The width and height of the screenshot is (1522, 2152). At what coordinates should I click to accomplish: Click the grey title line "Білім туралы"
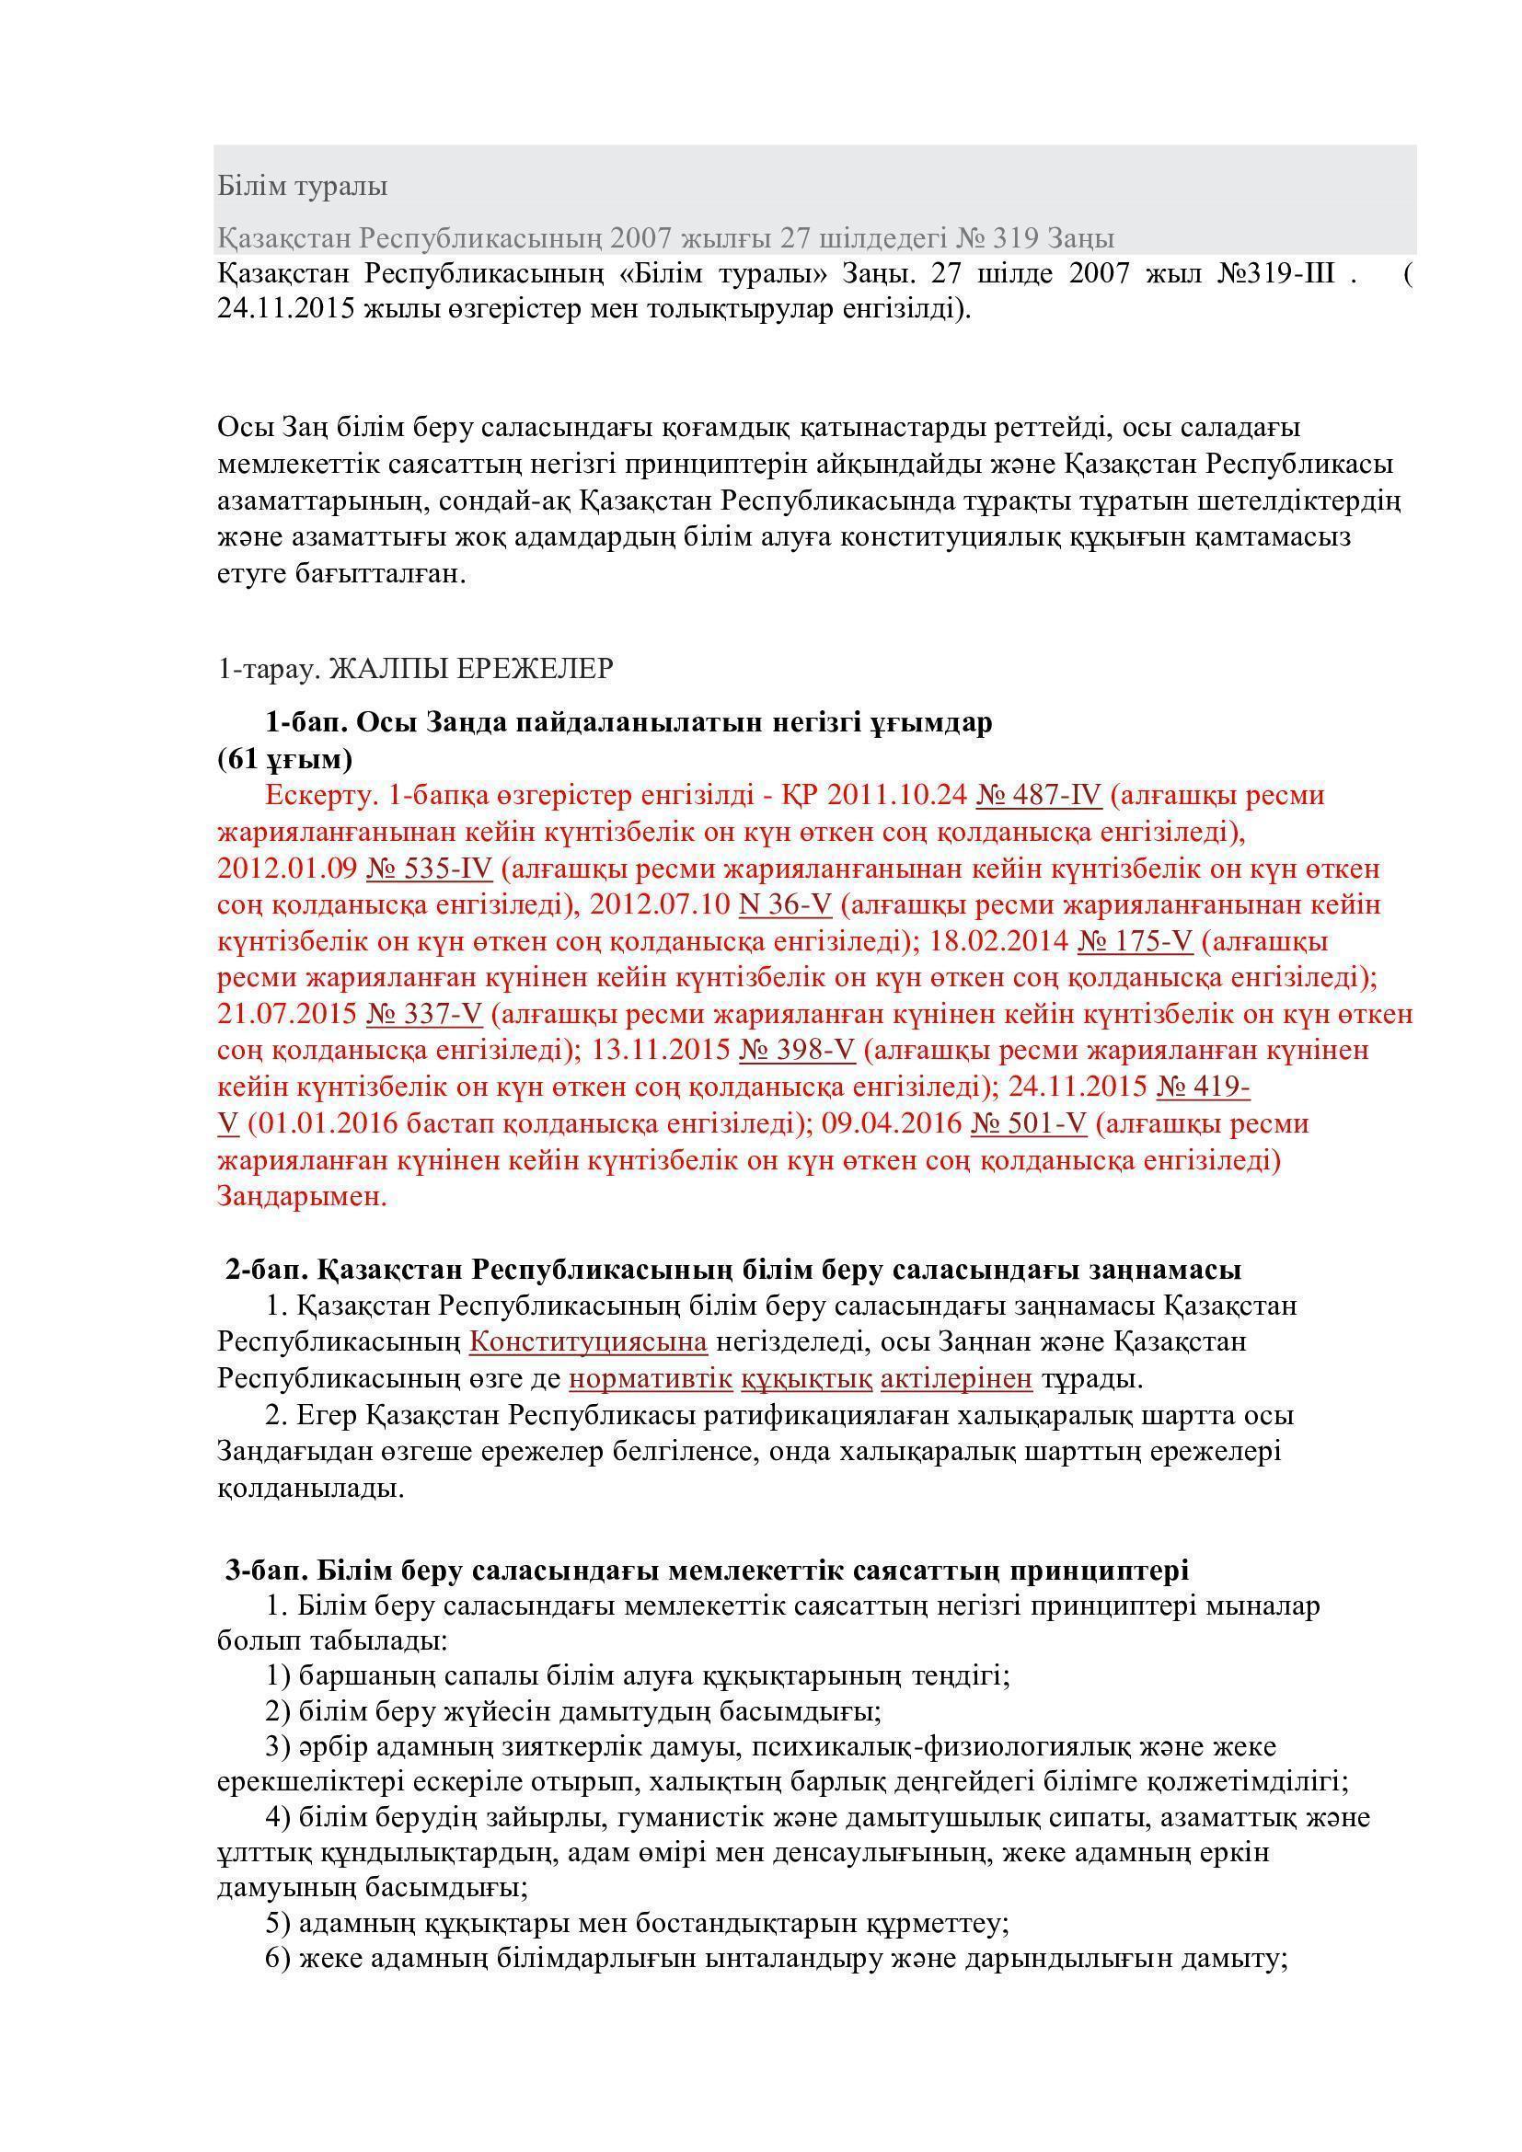pyautogui.click(x=303, y=187)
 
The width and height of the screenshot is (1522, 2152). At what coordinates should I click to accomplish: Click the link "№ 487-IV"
pyautogui.click(x=1038, y=795)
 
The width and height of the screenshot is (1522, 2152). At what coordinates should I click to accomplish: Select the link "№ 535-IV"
pyautogui.click(x=428, y=868)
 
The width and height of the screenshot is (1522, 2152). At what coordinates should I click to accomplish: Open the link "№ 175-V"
pyautogui.click(x=1135, y=941)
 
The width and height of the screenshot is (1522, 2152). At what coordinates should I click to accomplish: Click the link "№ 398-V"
pyautogui.click(x=797, y=1051)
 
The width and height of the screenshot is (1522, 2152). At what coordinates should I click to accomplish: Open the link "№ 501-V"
pyautogui.click(x=1028, y=1123)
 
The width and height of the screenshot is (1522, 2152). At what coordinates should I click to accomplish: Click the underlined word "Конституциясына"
pyautogui.click(x=588, y=1342)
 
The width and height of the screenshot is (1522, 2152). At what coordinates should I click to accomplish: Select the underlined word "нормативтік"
pyautogui.click(x=651, y=1379)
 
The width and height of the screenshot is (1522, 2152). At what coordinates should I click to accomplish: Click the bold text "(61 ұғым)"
pyautogui.click(x=285, y=758)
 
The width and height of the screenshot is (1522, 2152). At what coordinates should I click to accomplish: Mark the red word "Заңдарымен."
pyautogui.click(x=302, y=1197)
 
